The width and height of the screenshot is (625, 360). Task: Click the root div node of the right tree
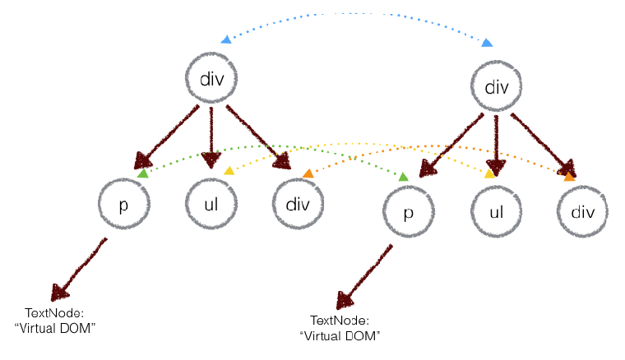[498, 86]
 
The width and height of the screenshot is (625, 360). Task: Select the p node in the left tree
[123, 205]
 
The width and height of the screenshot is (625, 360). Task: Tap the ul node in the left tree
[212, 205]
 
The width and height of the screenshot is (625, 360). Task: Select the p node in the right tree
[409, 212]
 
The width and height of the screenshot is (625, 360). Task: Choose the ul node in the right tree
[496, 212]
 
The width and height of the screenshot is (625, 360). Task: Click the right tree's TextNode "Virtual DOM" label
[340, 327]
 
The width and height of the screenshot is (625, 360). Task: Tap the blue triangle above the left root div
[225, 39]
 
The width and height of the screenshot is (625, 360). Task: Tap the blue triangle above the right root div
[488, 42]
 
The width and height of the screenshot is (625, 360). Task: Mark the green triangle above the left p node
[142, 173]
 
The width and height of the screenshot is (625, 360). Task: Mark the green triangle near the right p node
[403, 176]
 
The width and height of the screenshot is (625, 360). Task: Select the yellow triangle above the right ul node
[489, 173]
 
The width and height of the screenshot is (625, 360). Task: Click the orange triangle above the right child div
[568, 175]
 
